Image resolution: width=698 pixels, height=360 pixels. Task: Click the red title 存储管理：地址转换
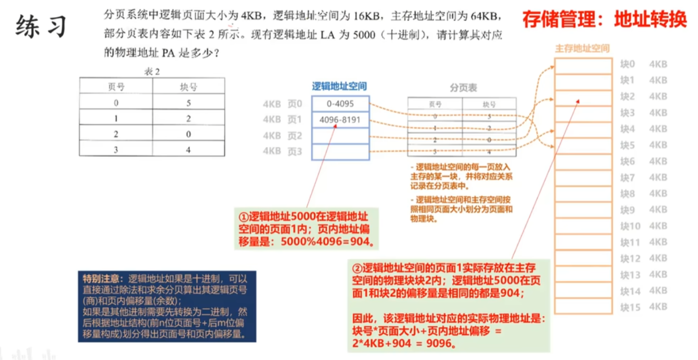[x=604, y=19]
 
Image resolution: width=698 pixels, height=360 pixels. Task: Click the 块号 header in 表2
[x=188, y=86]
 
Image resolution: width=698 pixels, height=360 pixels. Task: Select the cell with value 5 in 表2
[x=188, y=103]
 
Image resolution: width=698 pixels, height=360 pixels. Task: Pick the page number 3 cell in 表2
[x=116, y=150]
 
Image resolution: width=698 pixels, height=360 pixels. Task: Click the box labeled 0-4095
[x=340, y=104]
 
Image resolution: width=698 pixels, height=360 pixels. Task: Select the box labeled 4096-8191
[x=340, y=120]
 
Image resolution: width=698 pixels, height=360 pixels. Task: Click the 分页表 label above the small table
[x=463, y=88]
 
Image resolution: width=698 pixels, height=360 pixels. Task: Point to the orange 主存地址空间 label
[x=582, y=48]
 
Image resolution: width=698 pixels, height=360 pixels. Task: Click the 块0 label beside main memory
[x=628, y=64]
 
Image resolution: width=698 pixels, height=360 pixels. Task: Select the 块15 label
[x=630, y=307]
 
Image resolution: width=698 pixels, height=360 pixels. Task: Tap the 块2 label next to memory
[x=628, y=96]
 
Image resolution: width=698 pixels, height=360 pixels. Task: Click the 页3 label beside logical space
[x=295, y=151]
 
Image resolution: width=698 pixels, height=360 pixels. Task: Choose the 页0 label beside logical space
[x=295, y=104]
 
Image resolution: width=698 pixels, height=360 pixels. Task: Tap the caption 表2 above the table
[x=151, y=72]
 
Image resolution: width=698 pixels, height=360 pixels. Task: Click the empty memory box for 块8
[x=583, y=194]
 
